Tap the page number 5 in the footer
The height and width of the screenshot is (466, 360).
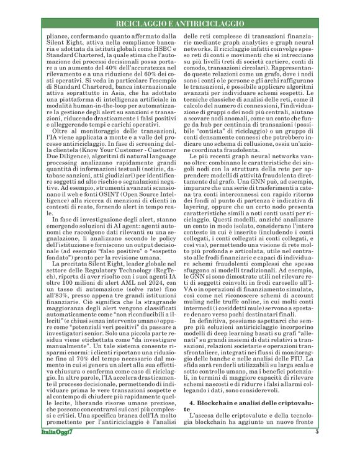(317, 449)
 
